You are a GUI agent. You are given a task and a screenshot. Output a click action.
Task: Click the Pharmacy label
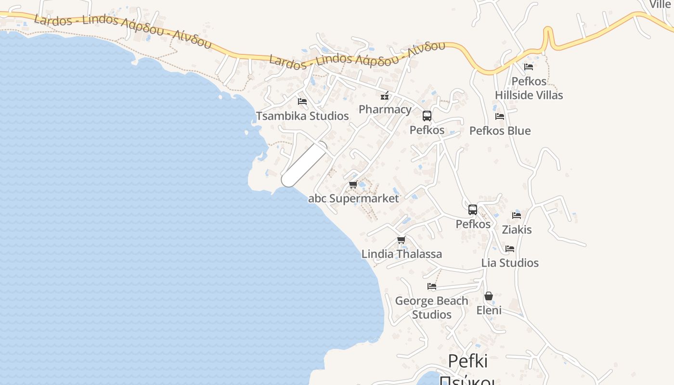[x=385, y=109]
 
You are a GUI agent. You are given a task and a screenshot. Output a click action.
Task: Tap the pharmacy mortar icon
[x=385, y=96]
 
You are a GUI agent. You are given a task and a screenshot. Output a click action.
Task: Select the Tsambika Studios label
[x=302, y=116]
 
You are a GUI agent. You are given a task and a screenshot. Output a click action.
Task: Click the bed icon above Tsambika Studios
[x=302, y=102]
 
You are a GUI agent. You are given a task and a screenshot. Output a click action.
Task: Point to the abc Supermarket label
[x=353, y=198]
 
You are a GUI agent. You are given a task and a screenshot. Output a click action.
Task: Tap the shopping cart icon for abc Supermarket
[x=353, y=185]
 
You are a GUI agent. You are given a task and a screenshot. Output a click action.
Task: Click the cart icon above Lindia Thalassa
[x=401, y=240]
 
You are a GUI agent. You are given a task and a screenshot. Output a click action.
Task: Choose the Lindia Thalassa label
[x=402, y=254]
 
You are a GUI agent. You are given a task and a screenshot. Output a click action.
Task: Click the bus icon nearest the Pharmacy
[x=427, y=116]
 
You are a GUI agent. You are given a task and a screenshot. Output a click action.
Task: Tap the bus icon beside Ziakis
[x=473, y=210]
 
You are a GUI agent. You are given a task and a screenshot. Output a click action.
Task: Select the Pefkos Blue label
[x=500, y=131]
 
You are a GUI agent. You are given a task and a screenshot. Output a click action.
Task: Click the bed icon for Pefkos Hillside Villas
[x=529, y=67]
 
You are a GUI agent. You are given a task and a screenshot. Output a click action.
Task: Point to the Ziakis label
[x=517, y=230]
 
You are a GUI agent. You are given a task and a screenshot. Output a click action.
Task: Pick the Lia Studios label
[x=510, y=263]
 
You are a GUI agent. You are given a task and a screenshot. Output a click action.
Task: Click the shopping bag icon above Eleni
[x=489, y=296]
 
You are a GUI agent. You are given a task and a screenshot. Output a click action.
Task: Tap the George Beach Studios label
[x=431, y=308]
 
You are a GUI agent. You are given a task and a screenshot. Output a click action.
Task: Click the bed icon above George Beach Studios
[x=432, y=286]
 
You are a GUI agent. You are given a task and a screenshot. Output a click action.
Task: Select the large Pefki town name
[x=468, y=361]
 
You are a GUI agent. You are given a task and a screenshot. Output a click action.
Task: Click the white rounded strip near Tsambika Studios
[x=304, y=164]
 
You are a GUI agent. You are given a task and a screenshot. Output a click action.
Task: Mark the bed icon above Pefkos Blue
[x=500, y=116]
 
